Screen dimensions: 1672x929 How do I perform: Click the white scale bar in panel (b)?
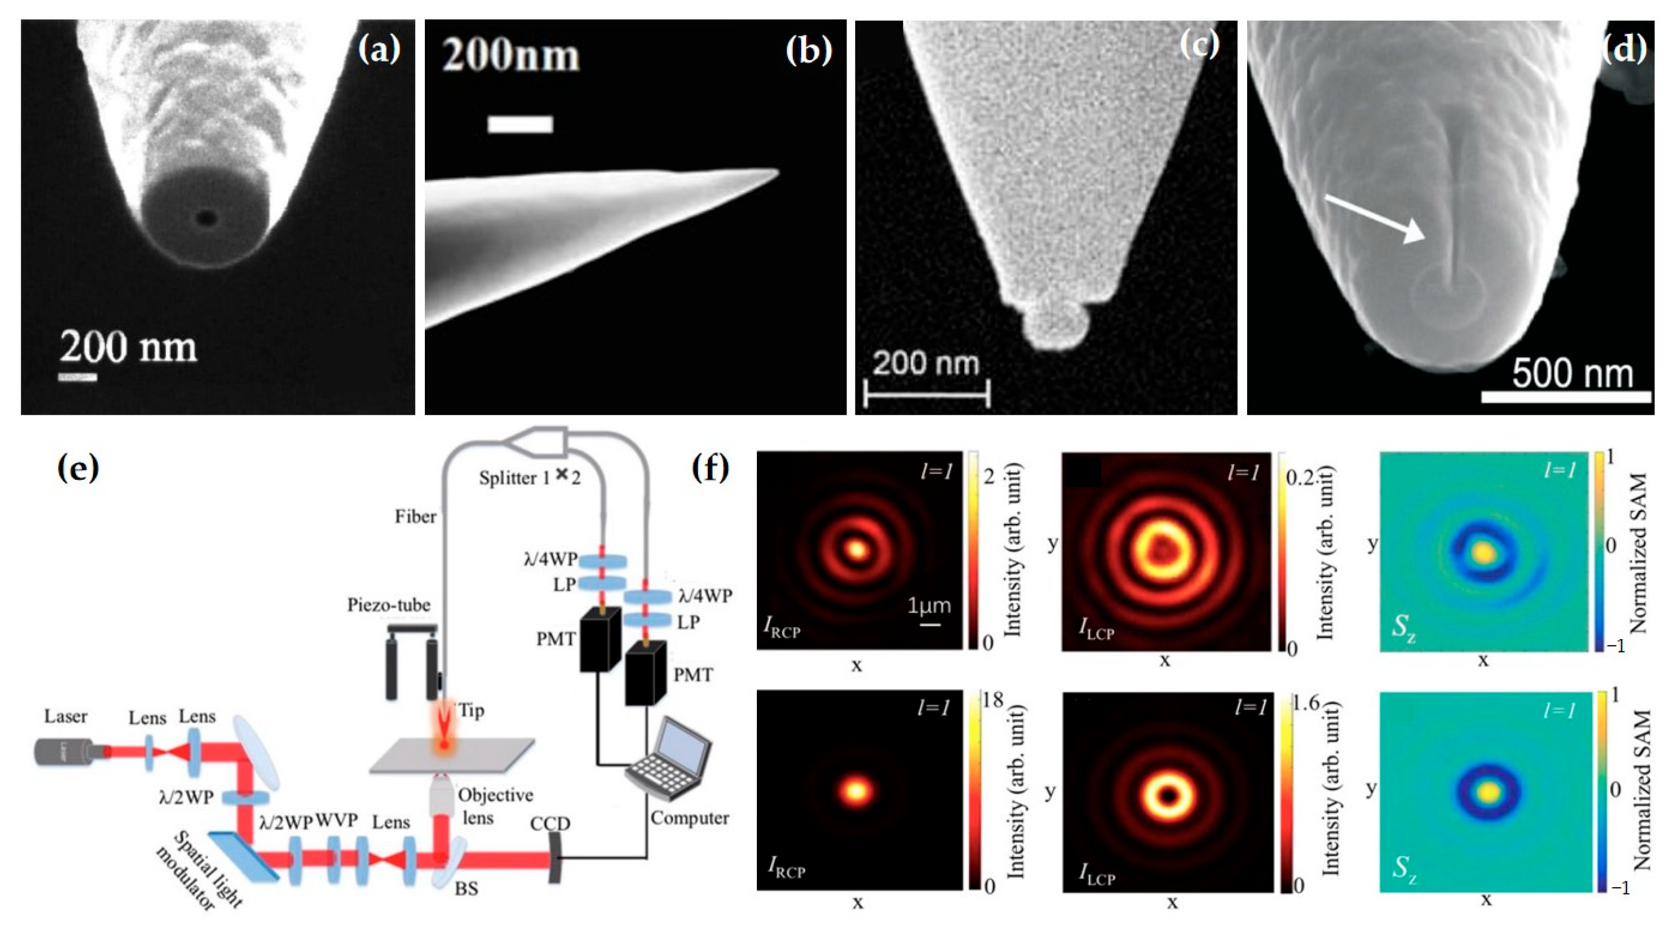(519, 124)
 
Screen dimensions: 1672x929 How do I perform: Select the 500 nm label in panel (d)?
(1572, 373)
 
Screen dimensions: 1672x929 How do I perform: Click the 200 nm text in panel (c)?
(925, 364)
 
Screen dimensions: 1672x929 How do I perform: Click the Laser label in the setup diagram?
(65, 717)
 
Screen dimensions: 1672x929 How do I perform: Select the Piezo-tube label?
(388, 605)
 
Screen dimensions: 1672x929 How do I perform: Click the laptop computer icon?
(670, 760)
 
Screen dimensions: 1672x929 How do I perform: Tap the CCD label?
(550, 824)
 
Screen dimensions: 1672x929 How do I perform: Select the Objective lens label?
(495, 805)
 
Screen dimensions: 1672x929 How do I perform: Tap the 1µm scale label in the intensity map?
(929, 606)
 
